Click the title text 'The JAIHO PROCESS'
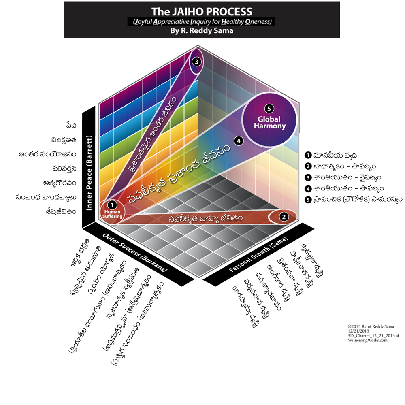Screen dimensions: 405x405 [201, 12]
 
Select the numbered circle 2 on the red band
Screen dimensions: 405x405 [284, 216]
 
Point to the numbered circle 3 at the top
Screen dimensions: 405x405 [196, 62]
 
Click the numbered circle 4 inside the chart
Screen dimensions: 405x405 [239, 141]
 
